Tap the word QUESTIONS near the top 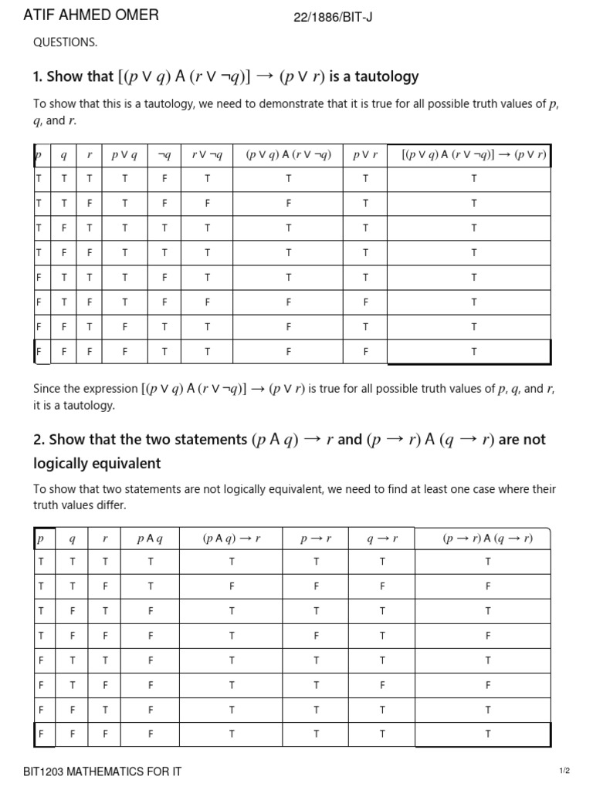point(65,42)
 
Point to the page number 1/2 point(564,771)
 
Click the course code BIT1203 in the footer point(46,771)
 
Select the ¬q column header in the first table point(164,154)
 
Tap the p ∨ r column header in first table point(364,154)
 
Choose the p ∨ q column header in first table point(124,154)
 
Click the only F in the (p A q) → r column point(232,586)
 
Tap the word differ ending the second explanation point(110,505)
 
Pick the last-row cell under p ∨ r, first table point(364,352)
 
